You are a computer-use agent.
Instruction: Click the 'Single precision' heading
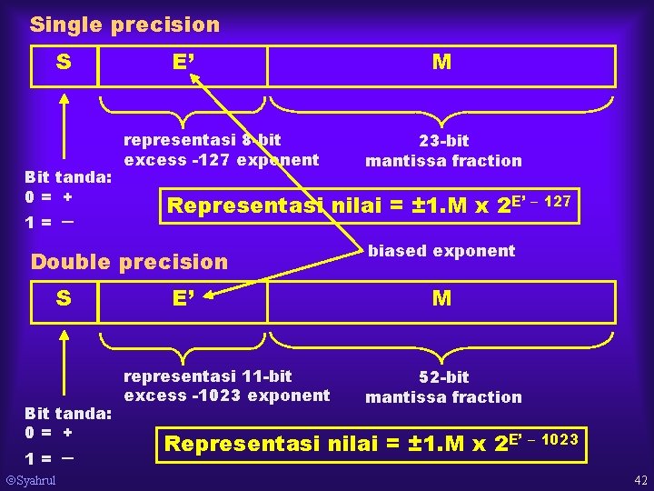[x=124, y=25]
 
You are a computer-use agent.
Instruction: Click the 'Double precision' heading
[x=130, y=262]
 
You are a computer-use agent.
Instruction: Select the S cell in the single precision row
[x=64, y=63]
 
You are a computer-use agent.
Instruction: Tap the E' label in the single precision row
[x=184, y=63]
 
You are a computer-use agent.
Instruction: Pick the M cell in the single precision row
[x=442, y=63]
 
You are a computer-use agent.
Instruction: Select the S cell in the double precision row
[x=64, y=298]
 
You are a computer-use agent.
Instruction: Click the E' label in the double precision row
[x=184, y=298]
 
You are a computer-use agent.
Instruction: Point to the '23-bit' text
[x=443, y=141]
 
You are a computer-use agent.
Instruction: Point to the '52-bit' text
[x=443, y=377]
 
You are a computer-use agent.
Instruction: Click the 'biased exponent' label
[x=441, y=251]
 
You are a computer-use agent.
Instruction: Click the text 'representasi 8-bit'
[x=202, y=140]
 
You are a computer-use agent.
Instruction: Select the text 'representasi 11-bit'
[x=208, y=376]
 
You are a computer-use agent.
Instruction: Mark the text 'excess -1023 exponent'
[x=227, y=396]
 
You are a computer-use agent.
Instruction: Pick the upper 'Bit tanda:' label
[x=68, y=176]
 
